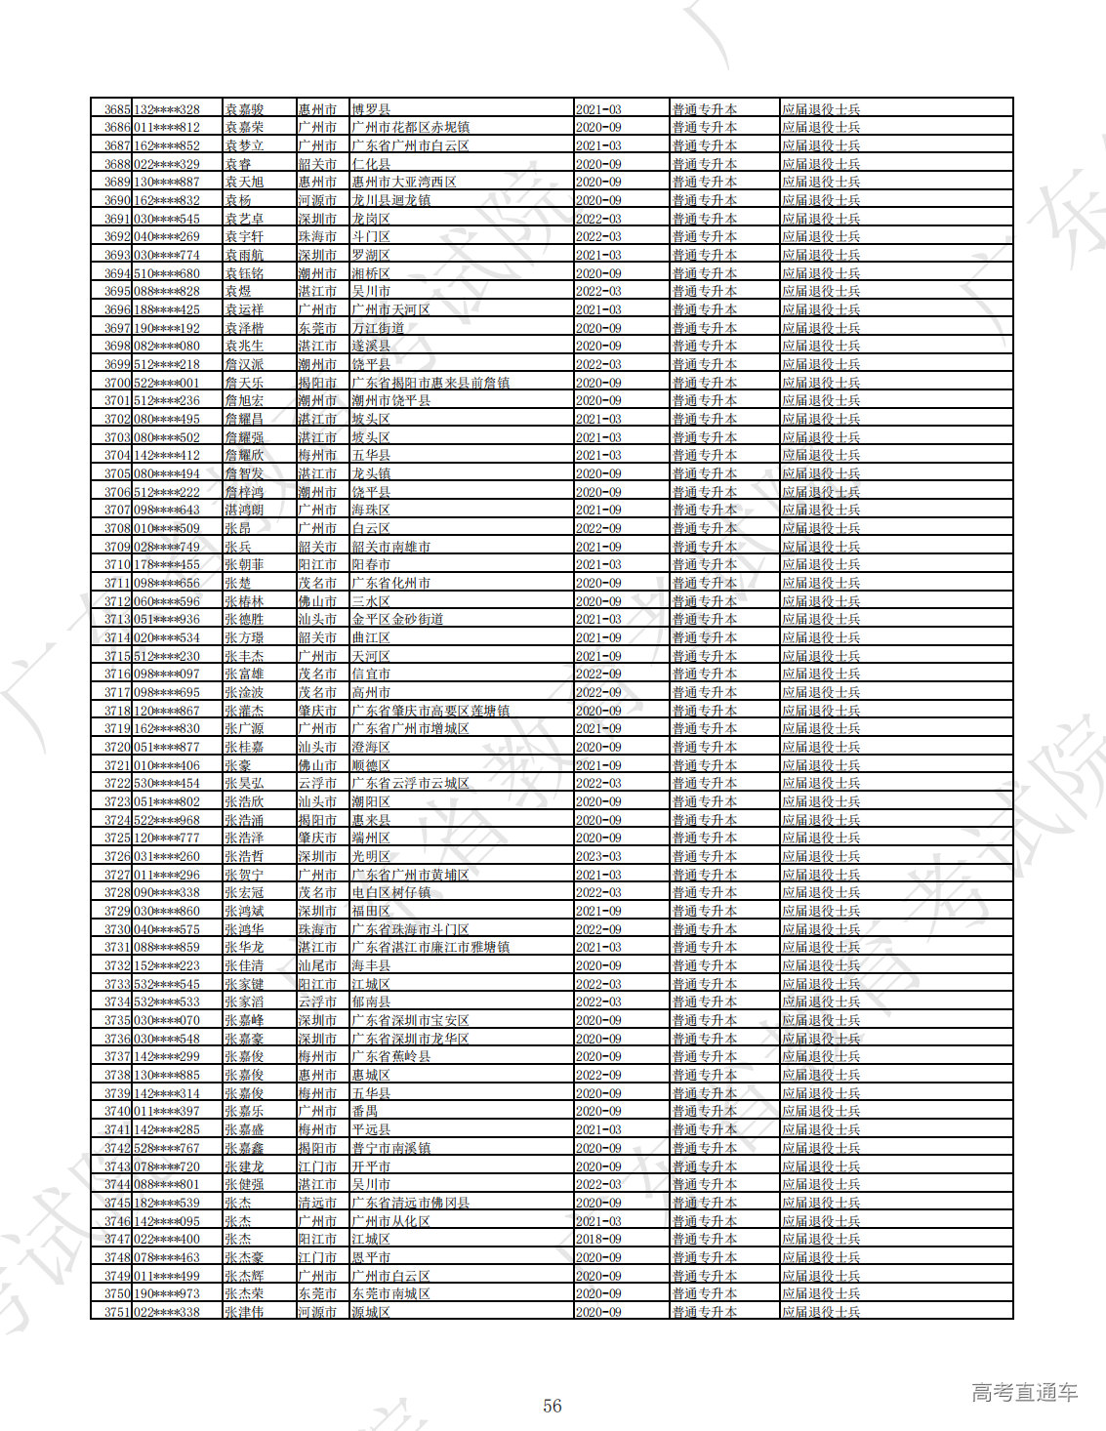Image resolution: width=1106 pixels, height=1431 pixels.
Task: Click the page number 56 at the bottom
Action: pyautogui.click(x=553, y=1406)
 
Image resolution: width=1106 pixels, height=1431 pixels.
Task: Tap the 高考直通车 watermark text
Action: pyautogui.click(x=1024, y=1393)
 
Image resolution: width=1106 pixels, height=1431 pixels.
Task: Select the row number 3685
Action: pyautogui.click(x=117, y=109)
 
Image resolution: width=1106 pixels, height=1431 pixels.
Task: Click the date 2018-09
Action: pyautogui.click(x=598, y=1240)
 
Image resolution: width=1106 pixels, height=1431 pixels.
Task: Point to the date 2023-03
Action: pyautogui.click(x=598, y=857)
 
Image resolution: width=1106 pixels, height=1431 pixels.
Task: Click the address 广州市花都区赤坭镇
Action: pyautogui.click(x=410, y=128)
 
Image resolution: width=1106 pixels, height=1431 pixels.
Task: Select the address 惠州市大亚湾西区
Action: pyautogui.click(x=404, y=183)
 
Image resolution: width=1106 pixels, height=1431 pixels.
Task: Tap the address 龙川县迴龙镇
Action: pyautogui.click(x=390, y=200)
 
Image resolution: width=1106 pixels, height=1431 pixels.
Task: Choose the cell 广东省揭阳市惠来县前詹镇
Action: pyautogui.click(x=430, y=383)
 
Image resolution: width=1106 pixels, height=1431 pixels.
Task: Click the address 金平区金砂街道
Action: pyautogui.click(x=397, y=620)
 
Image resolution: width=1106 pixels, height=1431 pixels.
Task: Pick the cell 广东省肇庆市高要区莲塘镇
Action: pyautogui.click(x=430, y=711)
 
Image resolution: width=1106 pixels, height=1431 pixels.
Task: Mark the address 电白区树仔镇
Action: pyautogui.click(x=390, y=893)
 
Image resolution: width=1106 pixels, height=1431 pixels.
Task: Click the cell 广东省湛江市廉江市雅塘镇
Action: pyautogui.click(x=430, y=948)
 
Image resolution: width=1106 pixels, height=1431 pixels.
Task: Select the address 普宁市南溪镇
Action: pyautogui.click(x=390, y=1148)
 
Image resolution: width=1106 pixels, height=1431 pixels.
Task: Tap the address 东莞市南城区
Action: pyautogui.click(x=390, y=1294)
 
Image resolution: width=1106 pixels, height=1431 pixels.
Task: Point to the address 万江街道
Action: pyautogui.click(x=378, y=328)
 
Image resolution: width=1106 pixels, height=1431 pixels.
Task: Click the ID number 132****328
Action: pyautogui.click(x=167, y=109)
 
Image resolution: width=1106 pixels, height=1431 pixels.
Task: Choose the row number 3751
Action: pyautogui.click(x=117, y=1312)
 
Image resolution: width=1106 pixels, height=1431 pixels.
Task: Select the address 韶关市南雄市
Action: pyautogui.click(x=390, y=547)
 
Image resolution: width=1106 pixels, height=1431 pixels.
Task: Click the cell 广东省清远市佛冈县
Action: pyautogui.click(x=410, y=1203)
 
